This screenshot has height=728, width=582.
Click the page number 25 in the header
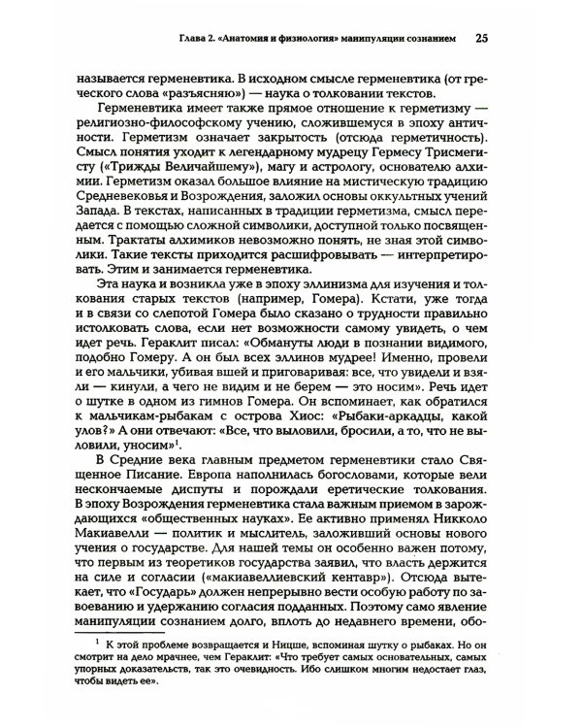tap(482, 39)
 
